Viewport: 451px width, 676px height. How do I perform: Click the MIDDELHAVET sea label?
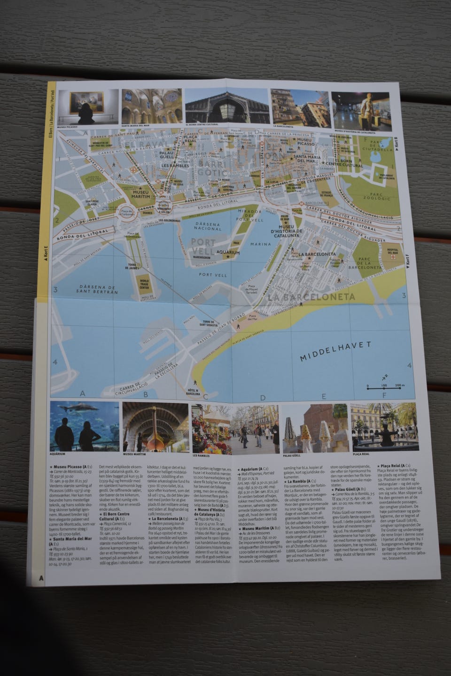pos(336,351)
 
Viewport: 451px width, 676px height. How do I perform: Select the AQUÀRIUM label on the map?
pos(228,253)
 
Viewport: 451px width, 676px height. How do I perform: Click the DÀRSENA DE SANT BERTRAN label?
pos(98,289)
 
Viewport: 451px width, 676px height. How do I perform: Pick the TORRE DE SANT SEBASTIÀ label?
pos(208,323)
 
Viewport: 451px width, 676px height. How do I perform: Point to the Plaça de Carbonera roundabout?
pos(126,213)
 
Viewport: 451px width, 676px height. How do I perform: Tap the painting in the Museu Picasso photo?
pos(87,102)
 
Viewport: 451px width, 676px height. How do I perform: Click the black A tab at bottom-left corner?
pos(41,578)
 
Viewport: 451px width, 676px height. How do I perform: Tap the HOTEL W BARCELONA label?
pos(193,392)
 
